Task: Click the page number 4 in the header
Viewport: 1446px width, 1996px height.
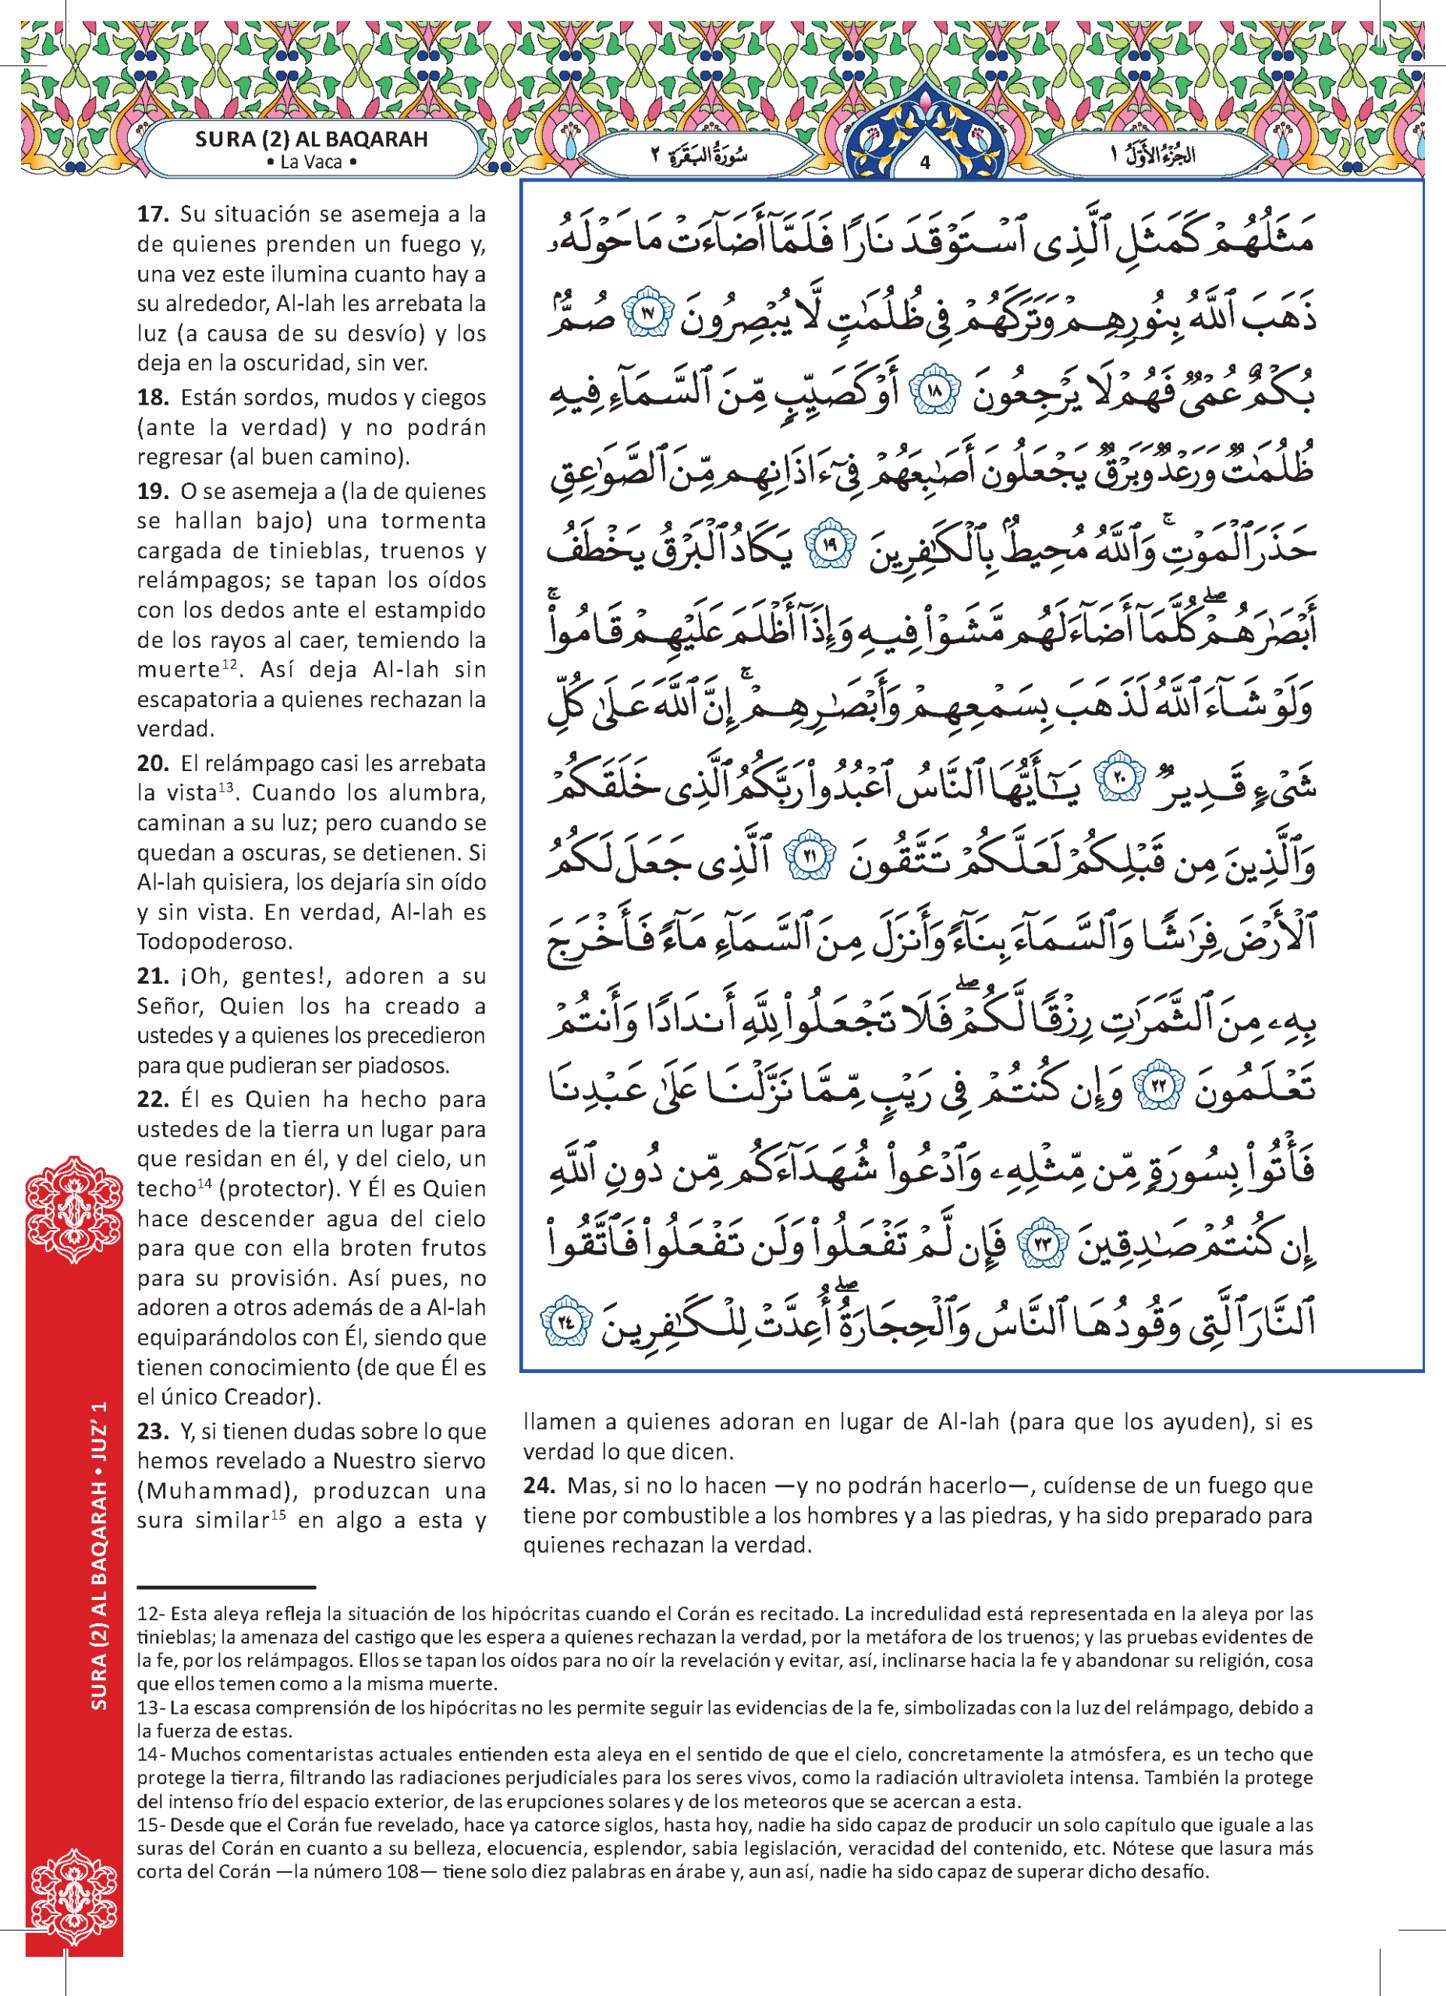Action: [x=924, y=163]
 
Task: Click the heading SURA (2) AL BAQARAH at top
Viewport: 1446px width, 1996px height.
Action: [x=311, y=139]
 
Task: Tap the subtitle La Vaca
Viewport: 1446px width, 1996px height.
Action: [x=310, y=162]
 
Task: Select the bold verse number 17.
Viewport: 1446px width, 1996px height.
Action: [x=153, y=214]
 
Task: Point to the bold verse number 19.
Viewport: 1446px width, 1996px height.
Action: [x=153, y=491]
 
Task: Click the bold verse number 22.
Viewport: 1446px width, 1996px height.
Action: [x=153, y=1099]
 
